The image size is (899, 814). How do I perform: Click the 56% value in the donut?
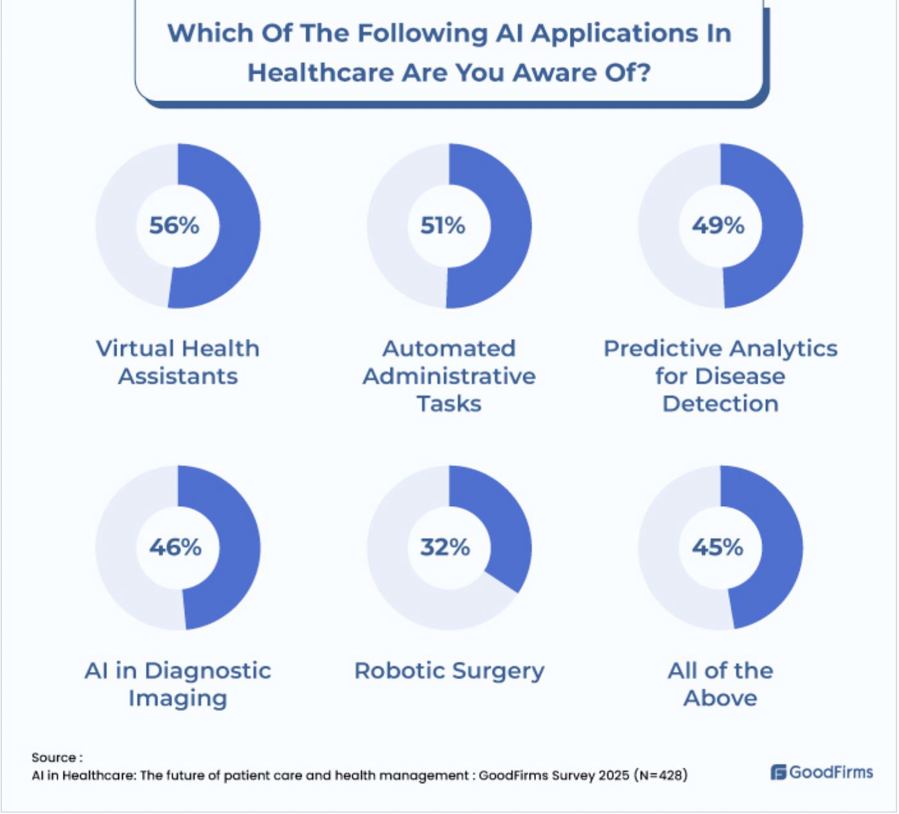pos(174,226)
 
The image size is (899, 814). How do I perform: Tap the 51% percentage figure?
pos(442,226)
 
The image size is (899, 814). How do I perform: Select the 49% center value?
pos(718,226)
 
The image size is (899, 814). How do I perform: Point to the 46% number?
pos(175,548)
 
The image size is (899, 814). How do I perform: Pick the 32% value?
pos(445,548)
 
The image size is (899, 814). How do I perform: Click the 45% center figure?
pos(717,548)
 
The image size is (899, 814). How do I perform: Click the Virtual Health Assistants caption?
pos(178,362)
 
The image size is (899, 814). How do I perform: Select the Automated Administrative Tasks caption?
pos(449,376)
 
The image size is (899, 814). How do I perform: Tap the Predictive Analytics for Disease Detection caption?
pos(720,376)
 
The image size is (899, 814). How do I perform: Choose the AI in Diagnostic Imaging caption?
pos(178,684)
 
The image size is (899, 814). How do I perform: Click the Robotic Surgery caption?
pos(449,671)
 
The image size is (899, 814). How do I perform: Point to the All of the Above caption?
pos(720,684)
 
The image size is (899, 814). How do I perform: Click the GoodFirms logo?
pos(822,772)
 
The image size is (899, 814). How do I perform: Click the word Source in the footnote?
pos(54,758)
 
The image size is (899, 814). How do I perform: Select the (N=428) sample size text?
pos(661,776)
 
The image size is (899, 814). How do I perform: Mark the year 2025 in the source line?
pos(614,776)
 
